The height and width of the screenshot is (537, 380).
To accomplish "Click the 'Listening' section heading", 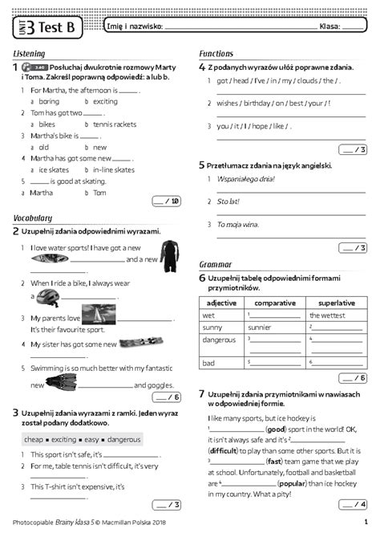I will coord(29,53).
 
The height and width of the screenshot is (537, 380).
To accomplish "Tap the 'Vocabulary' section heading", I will coord(32,218).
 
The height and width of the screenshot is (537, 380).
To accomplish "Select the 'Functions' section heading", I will coord(216,53).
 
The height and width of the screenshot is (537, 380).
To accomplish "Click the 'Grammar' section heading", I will coord(214,263).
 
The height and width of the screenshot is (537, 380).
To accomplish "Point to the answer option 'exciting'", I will coord(105,102).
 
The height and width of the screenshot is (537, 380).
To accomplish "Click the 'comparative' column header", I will coord(275,303).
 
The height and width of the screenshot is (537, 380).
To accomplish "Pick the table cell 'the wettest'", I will coord(327,315).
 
